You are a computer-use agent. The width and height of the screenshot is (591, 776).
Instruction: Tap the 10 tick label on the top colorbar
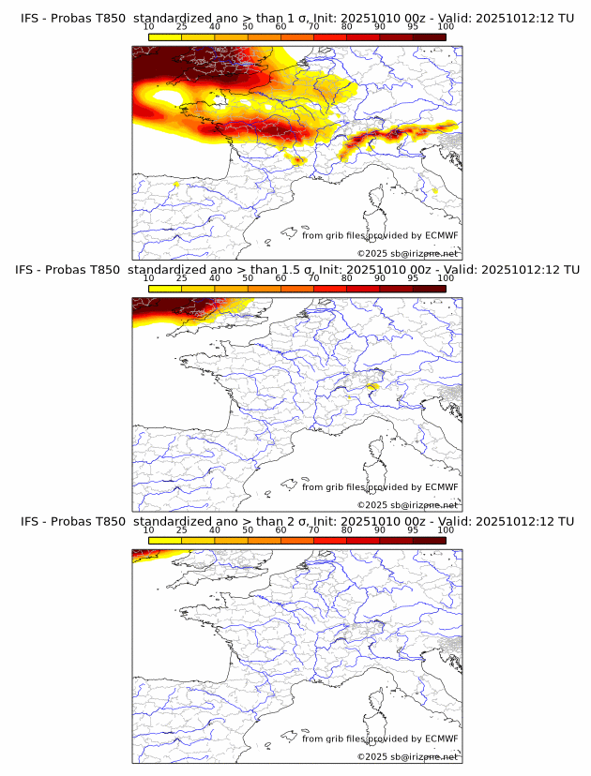click(x=149, y=28)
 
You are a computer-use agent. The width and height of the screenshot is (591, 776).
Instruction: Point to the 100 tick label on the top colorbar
click(x=446, y=28)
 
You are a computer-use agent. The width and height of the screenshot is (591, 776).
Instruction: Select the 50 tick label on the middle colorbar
click(x=248, y=279)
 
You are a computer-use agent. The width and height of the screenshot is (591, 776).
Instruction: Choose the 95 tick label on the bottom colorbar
click(x=413, y=530)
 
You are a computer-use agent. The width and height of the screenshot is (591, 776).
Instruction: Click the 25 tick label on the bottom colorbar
click(x=182, y=530)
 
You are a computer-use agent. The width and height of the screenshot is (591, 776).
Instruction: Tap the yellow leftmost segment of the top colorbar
click(x=165, y=37)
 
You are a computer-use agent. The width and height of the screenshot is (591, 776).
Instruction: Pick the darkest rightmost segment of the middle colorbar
click(x=430, y=289)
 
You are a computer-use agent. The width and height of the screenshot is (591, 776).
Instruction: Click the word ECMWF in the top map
click(x=442, y=235)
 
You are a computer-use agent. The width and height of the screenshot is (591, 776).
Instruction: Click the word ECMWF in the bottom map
click(x=442, y=739)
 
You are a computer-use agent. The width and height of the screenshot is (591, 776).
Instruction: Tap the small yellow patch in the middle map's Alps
click(x=372, y=385)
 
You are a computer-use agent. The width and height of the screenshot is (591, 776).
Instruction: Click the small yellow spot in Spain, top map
click(x=176, y=185)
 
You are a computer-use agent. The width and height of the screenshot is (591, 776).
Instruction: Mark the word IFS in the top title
click(x=30, y=19)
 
